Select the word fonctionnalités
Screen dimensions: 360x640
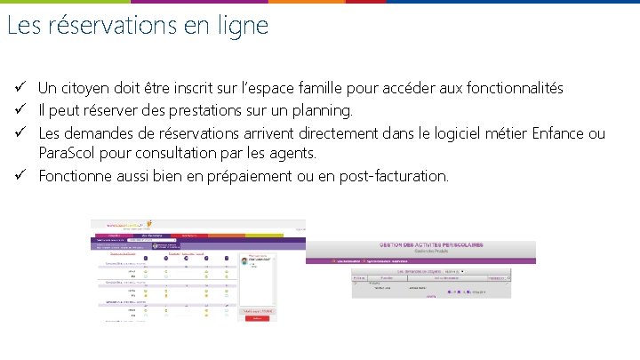coord(507,88)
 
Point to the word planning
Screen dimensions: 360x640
coord(320,111)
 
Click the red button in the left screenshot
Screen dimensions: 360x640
coord(257,318)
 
